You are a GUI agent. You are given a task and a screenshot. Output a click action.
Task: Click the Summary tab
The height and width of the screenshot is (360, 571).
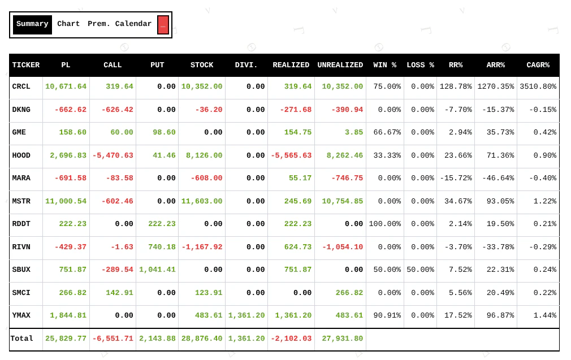pyautogui.click(x=32, y=24)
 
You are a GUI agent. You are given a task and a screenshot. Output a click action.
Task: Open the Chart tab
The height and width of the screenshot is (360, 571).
pyautogui.click(x=68, y=24)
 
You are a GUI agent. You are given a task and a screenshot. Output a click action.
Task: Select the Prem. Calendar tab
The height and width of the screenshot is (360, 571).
pyautogui.click(x=119, y=24)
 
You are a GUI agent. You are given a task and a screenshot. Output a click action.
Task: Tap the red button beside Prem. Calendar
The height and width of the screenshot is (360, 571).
pyautogui.click(x=163, y=25)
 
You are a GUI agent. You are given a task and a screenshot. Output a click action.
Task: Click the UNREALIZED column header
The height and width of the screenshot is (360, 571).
pyautogui.click(x=340, y=65)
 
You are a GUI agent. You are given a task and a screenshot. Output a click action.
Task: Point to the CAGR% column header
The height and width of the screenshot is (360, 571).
pyautogui.click(x=538, y=65)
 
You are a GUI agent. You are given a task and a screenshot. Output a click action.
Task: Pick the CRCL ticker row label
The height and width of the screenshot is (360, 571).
pyautogui.click(x=21, y=86)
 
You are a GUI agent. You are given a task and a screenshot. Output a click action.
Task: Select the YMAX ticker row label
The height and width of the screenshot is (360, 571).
pyautogui.click(x=21, y=315)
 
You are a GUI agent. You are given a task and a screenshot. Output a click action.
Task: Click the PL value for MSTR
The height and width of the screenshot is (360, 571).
pyautogui.click(x=66, y=201)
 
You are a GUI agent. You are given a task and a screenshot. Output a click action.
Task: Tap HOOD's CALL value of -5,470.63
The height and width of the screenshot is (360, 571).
pyautogui.click(x=113, y=155)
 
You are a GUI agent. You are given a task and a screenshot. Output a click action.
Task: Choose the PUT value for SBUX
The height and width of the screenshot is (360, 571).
pyautogui.click(x=157, y=270)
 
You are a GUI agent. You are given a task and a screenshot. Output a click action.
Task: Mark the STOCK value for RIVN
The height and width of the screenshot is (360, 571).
pyautogui.click(x=202, y=247)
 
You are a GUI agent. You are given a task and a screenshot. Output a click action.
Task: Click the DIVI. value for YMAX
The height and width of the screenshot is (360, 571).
pyautogui.click(x=246, y=315)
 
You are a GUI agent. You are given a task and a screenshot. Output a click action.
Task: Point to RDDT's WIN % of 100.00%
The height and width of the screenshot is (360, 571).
pyautogui.click(x=384, y=224)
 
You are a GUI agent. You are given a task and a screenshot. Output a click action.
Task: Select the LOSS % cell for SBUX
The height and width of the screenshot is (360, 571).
pyautogui.click(x=420, y=270)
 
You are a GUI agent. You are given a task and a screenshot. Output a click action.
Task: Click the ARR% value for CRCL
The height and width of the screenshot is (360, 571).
pyautogui.click(x=496, y=86)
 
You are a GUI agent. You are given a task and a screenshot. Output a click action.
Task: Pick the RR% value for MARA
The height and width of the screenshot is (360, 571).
pyautogui.click(x=456, y=178)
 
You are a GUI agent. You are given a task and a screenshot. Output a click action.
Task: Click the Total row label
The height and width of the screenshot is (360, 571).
pyautogui.click(x=22, y=339)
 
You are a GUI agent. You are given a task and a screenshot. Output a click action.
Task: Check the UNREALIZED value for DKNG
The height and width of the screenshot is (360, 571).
pyautogui.click(x=340, y=110)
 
